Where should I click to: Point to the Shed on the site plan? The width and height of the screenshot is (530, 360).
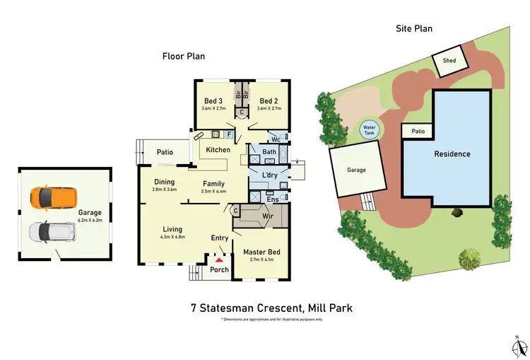coord(449,61)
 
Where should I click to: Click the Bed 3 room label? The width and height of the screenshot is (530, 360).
coord(214,100)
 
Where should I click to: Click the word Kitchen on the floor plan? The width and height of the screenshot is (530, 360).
coord(218,150)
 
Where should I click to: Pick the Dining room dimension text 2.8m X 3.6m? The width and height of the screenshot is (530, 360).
coord(164,190)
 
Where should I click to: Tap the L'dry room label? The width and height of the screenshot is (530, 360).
coord(269,175)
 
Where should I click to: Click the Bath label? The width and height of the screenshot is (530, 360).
coord(269,152)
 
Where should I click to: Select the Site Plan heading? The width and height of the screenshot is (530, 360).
coord(414,28)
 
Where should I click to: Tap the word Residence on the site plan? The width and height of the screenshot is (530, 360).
coord(452,153)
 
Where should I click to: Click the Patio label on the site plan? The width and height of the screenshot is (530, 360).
coord(418,132)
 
